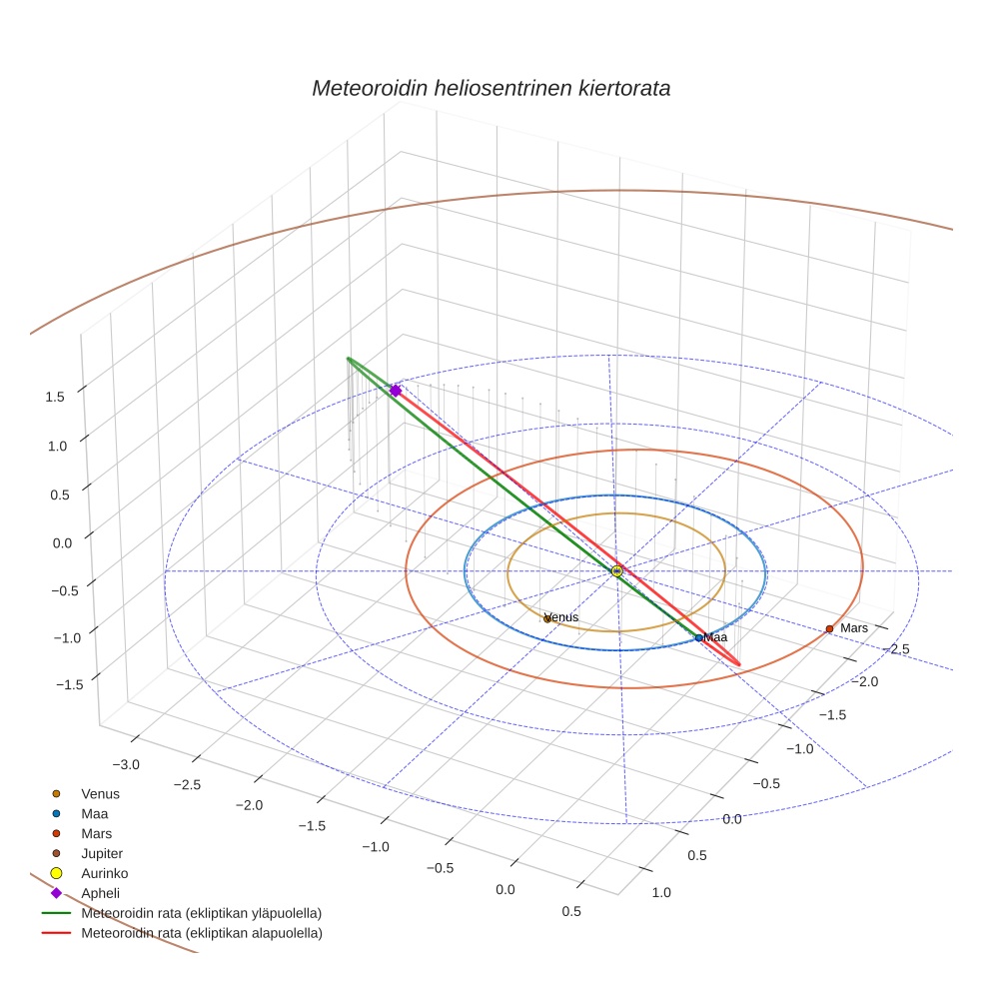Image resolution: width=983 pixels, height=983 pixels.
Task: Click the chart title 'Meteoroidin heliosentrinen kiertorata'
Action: pyautogui.click(x=491, y=88)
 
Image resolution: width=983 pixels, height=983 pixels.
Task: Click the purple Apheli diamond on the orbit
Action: pyautogui.click(x=396, y=391)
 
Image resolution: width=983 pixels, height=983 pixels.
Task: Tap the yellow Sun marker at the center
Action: pyautogui.click(x=616, y=570)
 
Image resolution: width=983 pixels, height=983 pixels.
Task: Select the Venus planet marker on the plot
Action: pyautogui.click(x=547, y=619)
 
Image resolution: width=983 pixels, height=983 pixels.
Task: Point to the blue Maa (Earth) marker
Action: pyautogui.click(x=699, y=637)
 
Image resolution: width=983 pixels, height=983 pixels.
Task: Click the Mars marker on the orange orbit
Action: pyautogui.click(x=829, y=628)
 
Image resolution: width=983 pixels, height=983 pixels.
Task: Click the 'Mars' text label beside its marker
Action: pyautogui.click(x=854, y=628)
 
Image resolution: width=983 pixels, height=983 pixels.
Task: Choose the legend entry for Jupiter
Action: pyautogui.click(x=101, y=853)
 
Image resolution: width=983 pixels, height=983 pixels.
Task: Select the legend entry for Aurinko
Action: pyautogui.click(x=104, y=873)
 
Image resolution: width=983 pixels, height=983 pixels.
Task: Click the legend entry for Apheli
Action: pyautogui.click(x=100, y=892)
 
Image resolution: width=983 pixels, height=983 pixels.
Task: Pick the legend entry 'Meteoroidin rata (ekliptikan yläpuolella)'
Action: pyautogui.click(x=200, y=913)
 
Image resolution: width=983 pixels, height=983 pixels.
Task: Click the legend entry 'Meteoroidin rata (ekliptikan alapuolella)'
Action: pyautogui.click(x=201, y=933)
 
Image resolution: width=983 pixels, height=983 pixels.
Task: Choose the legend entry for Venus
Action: pyautogui.click(x=100, y=794)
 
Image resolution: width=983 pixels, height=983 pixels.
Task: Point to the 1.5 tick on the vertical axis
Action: pyautogui.click(x=56, y=397)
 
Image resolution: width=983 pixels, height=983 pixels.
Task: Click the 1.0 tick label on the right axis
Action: pyautogui.click(x=661, y=892)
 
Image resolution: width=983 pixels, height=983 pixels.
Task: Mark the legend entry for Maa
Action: pyautogui.click(x=94, y=814)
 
